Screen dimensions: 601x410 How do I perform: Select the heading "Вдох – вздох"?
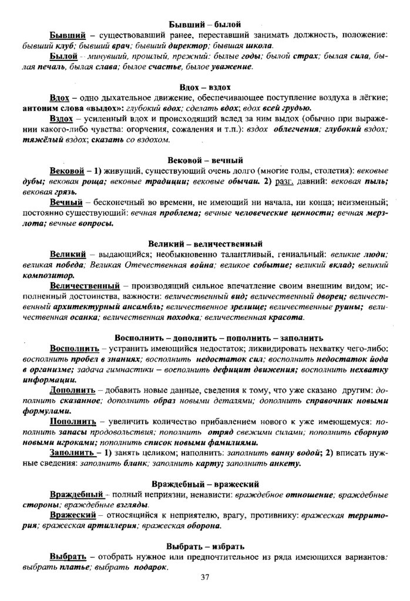(205, 87)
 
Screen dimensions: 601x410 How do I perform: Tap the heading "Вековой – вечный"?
(205, 160)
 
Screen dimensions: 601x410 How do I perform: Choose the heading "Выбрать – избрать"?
(205, 546)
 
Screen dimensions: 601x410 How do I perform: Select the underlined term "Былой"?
(65, 56)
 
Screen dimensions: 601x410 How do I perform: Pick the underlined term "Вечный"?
(66, 201)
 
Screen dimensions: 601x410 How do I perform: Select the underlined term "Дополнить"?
(73, 390)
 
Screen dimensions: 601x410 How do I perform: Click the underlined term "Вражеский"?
(73, 515)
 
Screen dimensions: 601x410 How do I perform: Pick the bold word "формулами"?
(46, 411)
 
